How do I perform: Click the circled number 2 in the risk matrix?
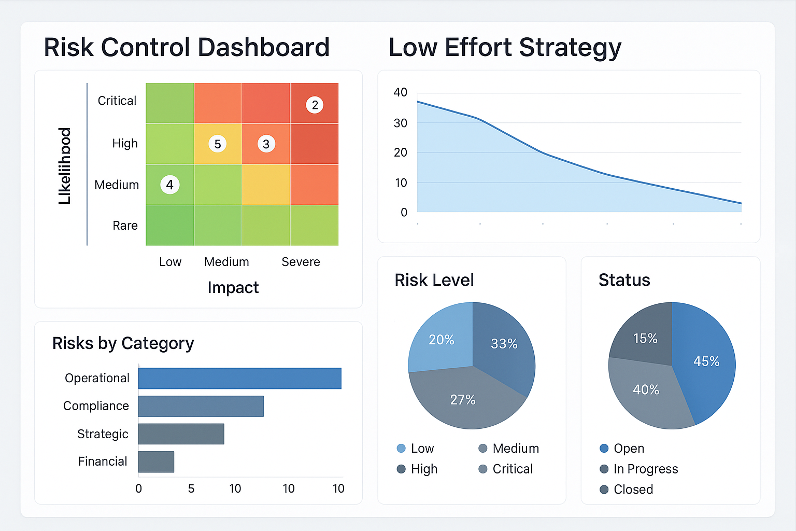click(315, 105)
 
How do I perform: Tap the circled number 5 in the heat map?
click(218, 144)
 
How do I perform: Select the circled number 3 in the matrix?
click(266, 144)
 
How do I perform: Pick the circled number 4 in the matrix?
click(170, 185)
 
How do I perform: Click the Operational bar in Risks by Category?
click(239, 378)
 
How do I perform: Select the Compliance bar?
click(201, 406)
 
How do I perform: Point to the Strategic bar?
click(181, 434)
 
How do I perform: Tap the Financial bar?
click(156, 462)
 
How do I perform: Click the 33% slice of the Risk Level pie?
click(504, 343)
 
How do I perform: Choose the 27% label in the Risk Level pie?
click(463, 400)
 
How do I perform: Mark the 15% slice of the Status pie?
click(645, 339)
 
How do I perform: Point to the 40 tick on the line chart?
click(401, 93)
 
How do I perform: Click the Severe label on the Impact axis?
click(301, 262)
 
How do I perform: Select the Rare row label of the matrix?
click(125, 226)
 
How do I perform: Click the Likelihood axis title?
click(65, 166)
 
